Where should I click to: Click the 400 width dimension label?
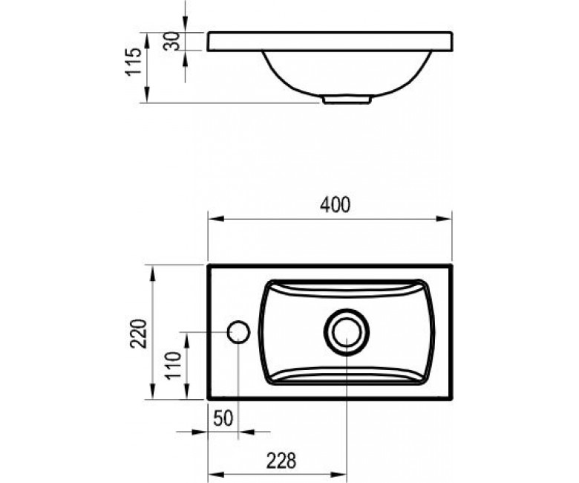(x=335, y=205)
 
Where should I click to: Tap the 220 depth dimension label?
(x=139, y=334)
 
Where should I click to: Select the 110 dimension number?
(x=174, y=366)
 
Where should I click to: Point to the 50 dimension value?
(x=223, y=418)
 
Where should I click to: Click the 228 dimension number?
(x=281, y=461)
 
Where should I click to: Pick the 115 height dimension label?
(x=133, y=62)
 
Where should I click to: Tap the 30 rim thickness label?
(x=171, y=41)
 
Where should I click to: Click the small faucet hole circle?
(x=238, y=332)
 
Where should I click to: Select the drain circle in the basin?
(x=347, y=332)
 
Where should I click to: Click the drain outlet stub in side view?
(x=347, y=100)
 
